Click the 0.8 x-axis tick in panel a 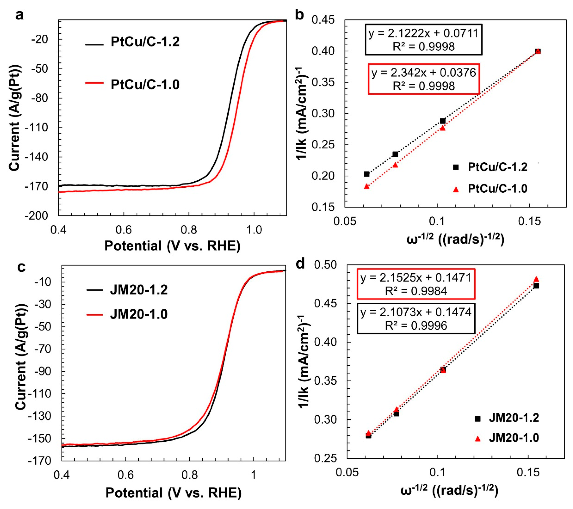(x=189, y=230)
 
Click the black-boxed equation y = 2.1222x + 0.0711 (x=423, y=34)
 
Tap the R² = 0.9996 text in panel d (x=416, y=326)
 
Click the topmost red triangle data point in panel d (x=536, y=279)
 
